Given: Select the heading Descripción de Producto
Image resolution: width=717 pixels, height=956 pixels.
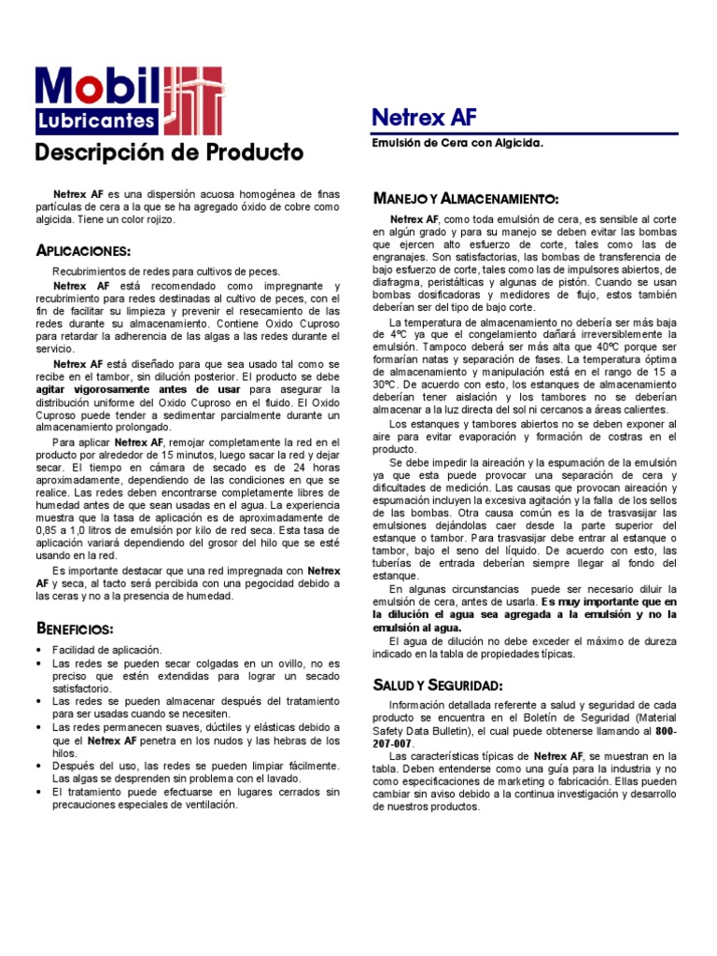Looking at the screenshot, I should tap(169, 151).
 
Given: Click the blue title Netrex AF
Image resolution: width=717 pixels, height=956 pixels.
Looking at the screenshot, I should tap(424, 118).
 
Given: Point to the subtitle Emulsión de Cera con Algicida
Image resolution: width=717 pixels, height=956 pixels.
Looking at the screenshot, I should tap(457, 143).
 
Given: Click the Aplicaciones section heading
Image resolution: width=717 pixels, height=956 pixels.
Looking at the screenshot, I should tap(83, 251).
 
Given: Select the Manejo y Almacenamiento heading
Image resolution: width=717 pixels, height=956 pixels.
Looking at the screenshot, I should tap(466, 199).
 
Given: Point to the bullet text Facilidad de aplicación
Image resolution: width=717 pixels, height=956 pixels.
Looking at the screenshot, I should tap(107, 649).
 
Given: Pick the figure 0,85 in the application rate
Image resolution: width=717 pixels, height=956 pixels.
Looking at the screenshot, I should tap(47, 531).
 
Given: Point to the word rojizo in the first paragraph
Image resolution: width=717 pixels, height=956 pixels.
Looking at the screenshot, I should tap(159, 219).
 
